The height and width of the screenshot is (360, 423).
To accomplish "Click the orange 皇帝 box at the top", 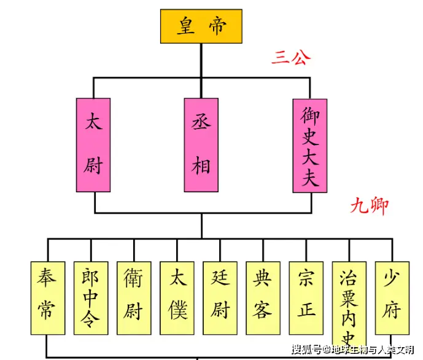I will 201,26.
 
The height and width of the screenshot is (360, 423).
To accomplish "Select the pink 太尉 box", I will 94,144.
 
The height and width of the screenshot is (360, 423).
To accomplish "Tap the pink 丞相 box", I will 201,144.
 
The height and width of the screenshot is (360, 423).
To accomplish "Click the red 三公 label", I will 291,58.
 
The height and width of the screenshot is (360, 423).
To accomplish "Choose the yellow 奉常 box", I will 48,298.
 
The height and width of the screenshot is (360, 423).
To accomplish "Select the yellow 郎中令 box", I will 91,298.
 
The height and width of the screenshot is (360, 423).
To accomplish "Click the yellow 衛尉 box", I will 134,298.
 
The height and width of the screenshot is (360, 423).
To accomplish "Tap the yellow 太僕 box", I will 177,298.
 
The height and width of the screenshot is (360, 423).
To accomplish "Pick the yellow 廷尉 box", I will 220,298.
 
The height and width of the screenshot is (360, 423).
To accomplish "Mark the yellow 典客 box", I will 263,298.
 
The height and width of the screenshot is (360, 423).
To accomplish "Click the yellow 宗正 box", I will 306,298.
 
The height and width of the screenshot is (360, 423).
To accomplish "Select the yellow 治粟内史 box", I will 349,304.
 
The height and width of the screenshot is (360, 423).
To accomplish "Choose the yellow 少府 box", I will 392,298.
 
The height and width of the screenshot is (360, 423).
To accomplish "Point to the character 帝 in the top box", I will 217,26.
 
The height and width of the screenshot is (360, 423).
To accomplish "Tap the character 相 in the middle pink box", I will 201,164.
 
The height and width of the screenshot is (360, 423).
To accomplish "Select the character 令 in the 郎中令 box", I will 91,321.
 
